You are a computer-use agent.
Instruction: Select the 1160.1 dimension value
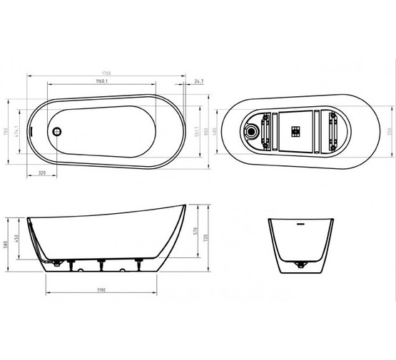pyautogui.click(x=97, y=82)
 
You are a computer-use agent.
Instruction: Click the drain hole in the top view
pyautogui.click(x=58, y=130)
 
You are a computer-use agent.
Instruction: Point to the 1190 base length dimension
pyautogui.click(x=105, y=291)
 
